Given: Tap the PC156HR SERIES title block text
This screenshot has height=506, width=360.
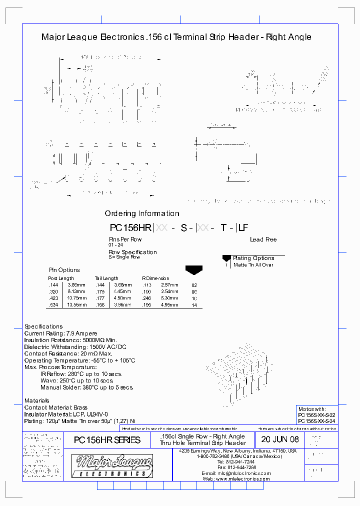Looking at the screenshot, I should click(107, 440).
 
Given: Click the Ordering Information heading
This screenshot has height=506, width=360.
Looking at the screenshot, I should click(142, 213).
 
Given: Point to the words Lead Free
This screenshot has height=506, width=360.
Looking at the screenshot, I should click(263, 239).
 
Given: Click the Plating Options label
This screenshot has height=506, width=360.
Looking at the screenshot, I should click(253, 258).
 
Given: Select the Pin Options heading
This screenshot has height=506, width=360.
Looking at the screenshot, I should click(64, 270).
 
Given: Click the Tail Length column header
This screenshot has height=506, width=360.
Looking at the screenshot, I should click(106, 278).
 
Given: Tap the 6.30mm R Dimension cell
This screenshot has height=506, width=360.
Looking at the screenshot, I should click(170, 298).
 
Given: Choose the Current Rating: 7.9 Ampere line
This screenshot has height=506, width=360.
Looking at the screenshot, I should click(61, 333).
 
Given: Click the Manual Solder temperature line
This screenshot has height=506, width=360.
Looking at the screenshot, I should click(87, 387).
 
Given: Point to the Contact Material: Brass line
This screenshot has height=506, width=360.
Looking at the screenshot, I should click(56, 407).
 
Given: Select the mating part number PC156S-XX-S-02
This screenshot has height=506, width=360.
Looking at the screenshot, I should click(316, 415).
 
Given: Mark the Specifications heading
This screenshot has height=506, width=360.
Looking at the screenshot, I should click(43, 326).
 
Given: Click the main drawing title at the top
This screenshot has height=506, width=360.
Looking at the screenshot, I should click(176, 37).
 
